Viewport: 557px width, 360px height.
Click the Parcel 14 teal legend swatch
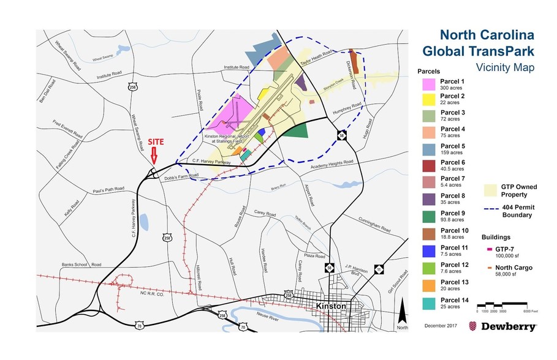coord(428,304)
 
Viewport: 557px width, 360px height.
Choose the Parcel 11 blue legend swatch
coord(428,250)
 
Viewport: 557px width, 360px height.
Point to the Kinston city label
coord(330,306)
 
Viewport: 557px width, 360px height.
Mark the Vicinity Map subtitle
coord(504,68)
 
